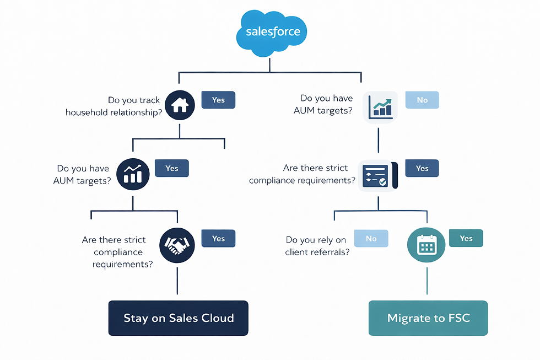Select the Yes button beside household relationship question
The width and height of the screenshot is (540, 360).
click(x=218, y=100)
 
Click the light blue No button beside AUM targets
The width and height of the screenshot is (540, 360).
click(x=422, y=100)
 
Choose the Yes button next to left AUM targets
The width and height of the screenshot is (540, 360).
click(x=172, y=168)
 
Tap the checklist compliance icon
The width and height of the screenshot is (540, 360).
click(x=377, y=176)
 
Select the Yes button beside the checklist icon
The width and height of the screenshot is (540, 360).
click(x=422, y=168)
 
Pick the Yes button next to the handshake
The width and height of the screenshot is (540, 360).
click(x=218, y=239)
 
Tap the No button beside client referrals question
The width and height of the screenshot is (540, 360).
click(x=371, y=239)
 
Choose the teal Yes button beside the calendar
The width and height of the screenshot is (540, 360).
click(x=466, y=238)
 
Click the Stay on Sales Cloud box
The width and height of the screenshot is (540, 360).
click(x=178, y=318)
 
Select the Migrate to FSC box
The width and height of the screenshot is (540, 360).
click(x=428, y=318)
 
